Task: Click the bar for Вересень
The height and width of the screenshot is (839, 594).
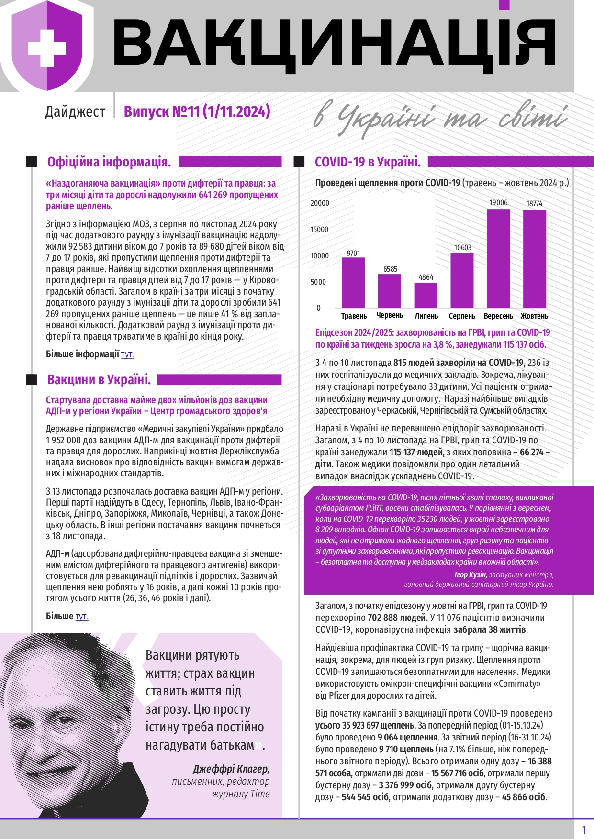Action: click(498, 258)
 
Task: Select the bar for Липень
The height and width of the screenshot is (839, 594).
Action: click(426, 295)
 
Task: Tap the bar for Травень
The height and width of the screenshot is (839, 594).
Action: click(353, 283)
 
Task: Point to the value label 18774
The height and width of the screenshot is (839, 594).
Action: click(534, 204)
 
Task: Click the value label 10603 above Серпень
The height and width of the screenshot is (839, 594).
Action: click(462, 248)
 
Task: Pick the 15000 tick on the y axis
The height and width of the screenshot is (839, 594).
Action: click(319, 230)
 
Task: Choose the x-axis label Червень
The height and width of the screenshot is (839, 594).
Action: click(390, 315)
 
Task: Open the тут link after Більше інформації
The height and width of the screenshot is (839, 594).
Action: click(127, 354)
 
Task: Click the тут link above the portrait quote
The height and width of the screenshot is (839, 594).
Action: click(82, 617)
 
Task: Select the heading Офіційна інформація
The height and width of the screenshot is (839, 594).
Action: click(109, 162)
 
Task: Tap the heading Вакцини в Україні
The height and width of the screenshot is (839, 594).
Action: click(99, 380)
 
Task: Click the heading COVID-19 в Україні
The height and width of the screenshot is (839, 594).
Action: click(368, 162)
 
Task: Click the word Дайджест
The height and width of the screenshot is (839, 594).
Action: click(75, 111)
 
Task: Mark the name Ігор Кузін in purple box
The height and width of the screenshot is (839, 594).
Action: click(470, 574)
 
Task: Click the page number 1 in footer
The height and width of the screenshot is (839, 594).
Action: click(583, 829)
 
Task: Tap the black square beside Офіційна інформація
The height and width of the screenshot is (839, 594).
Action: click(32, 162)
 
